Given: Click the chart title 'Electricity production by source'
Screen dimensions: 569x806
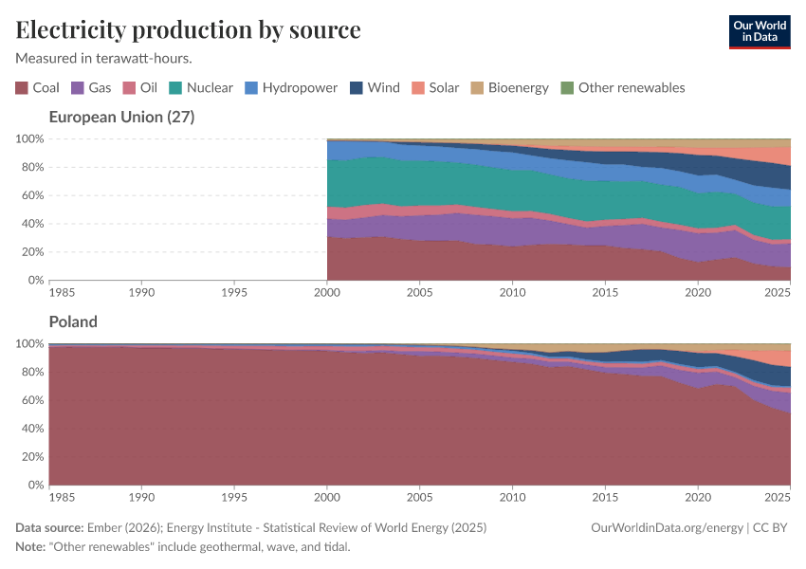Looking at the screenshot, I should click(x=188, y=30).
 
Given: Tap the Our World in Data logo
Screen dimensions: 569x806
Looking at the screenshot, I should click(x=759, y=31).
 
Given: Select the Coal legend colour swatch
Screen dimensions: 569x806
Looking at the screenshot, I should click(x=22, y=88).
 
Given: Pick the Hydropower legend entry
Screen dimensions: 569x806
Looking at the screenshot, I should click(x=291, y=88).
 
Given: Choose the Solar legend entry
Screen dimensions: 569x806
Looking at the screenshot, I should click(x=435, y=88).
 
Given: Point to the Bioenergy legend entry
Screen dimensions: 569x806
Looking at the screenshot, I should click(x=509, y=88).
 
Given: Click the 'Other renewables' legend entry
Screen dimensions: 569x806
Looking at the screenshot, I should click(x=622, y=88).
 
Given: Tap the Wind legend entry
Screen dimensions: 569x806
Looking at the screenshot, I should click(x=375, y=88).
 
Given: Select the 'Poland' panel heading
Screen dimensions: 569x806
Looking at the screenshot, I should click(x=73, y=322).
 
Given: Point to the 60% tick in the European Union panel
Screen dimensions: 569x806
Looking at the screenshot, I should click(x=30, y=195).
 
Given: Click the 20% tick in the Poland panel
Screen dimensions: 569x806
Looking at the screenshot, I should click(x=30, y=457).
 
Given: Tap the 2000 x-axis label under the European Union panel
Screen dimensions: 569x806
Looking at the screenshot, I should click(x=327, y=292).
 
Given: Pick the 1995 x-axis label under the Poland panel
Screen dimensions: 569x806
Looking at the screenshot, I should click(x=234, y=497).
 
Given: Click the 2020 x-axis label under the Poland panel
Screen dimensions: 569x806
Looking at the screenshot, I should click(x=697, y=497).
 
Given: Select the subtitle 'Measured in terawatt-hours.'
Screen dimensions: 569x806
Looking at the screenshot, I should click(x=104, y=58).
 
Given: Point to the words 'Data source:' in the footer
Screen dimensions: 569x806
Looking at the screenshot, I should click(x=48, y=528).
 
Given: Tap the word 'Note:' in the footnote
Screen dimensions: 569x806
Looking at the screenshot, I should click(x=32, y=547).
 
